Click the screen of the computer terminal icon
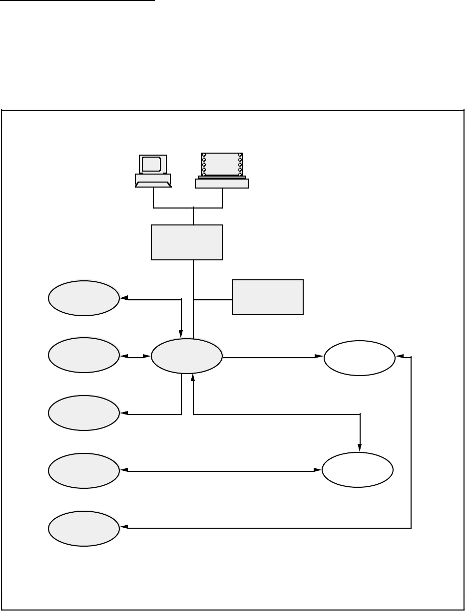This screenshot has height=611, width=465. click(151, 164)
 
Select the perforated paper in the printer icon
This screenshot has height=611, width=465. click(222, 164)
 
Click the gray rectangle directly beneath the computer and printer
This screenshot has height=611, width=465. click(187, 242)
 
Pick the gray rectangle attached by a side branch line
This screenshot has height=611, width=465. click(268, 297)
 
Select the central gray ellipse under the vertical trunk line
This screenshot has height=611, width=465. click(187, 356)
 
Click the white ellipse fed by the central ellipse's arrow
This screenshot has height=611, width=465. click(360, 358)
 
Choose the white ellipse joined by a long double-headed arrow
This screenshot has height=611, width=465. click(358, 470)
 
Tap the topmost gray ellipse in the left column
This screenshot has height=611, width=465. click(84, 298)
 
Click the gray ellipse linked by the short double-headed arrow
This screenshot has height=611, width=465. click(84, 355)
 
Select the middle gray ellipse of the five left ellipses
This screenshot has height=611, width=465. click(84, 413)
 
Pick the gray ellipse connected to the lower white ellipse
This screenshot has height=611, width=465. click(84, 471)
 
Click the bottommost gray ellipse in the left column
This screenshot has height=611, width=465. click(84, 528)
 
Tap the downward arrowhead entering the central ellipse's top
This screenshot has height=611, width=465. click(181, 334)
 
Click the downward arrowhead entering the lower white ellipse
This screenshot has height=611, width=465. click(360, 447)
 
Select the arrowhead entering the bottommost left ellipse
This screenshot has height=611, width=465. click(125, 527)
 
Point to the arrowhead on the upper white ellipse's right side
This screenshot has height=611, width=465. click(400, 357)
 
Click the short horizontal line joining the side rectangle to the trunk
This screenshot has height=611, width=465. click(212, 300)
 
